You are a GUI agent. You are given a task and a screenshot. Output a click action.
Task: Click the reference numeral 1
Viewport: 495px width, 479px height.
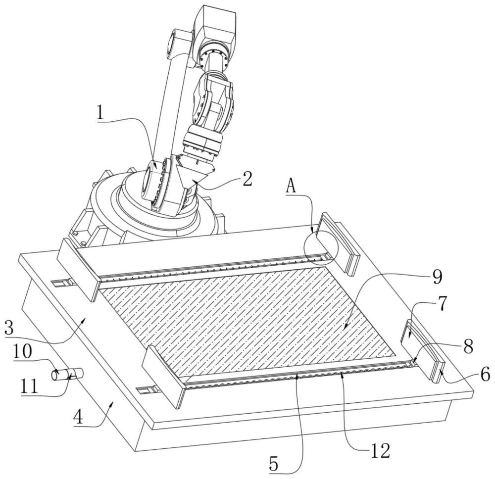click(x=100, y=113)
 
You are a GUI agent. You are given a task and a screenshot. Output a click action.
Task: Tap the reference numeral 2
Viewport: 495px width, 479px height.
click(x=247, y=179)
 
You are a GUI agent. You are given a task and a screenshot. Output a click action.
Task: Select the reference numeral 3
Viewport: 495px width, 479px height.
click(x=9, y=328)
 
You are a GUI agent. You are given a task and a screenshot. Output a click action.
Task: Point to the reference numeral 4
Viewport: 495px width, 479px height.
click(x=78, y=418)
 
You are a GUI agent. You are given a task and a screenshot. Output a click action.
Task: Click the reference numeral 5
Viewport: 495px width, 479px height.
click(x=274, y=464)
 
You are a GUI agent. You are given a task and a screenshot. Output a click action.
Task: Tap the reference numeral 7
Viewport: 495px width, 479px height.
click(x=443, y=303)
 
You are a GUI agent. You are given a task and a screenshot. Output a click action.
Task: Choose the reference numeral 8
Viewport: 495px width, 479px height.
click(x=468, y=346)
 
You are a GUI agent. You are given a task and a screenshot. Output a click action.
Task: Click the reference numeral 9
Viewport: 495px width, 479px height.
click(x=437, y=277)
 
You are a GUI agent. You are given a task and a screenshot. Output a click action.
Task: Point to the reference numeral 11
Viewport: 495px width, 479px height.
click(x=29, y=386)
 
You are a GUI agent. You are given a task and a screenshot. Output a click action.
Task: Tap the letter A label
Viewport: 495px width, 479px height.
click(x=291, y=187)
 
